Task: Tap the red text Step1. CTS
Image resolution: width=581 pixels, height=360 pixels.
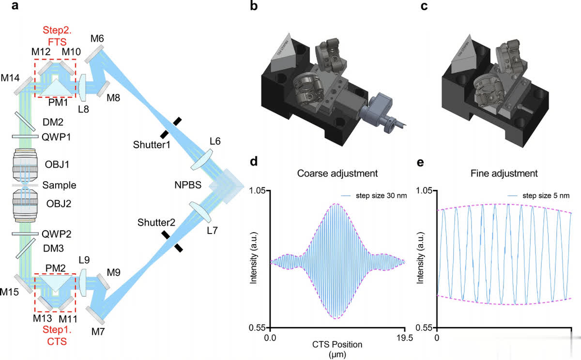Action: point(55,335)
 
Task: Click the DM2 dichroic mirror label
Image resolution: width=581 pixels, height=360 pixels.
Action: point(52,122)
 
